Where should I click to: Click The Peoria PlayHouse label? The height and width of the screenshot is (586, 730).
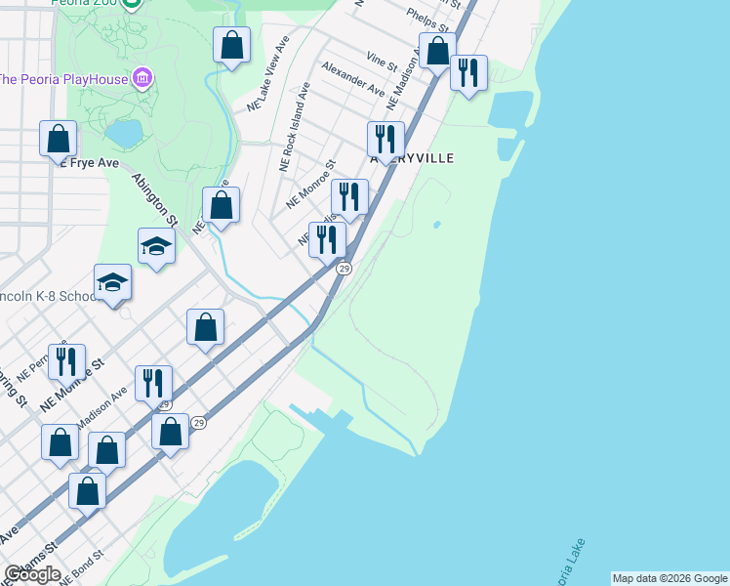(63, 79)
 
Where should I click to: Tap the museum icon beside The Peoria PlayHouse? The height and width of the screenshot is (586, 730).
(142, 77)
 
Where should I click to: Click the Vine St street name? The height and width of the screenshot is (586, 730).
(382, 63)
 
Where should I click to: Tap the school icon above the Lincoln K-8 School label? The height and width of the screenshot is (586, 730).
(113, 282)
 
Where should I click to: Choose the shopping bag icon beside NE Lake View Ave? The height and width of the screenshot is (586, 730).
(231, 45)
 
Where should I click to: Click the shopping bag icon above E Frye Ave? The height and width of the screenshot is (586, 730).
(59, 138)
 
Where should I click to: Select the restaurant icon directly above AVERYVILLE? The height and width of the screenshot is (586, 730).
(386, 140)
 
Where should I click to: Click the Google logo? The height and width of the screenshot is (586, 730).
(32, 574)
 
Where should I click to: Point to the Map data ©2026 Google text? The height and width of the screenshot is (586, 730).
(669, 578)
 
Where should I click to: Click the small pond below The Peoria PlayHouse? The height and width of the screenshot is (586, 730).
(125, 132)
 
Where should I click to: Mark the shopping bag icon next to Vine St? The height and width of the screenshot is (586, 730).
(438, 51)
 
